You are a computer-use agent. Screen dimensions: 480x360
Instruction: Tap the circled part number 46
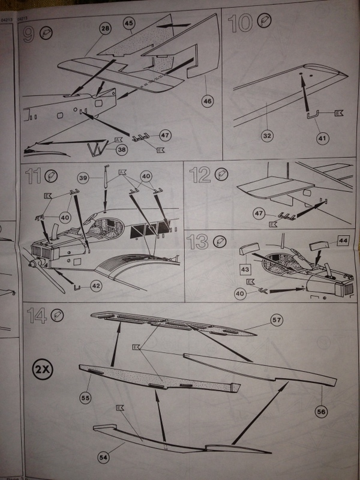[x=208, y=101]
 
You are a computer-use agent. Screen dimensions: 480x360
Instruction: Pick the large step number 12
[x=200, y=176]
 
